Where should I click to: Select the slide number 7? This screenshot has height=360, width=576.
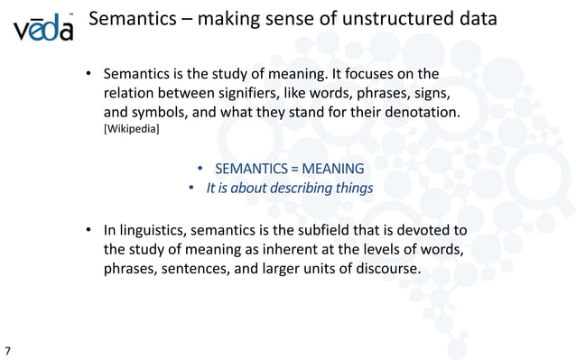tap(8, 348)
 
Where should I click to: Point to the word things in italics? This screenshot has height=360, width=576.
tap(352, 189)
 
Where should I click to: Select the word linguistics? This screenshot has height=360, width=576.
tap(160, 232)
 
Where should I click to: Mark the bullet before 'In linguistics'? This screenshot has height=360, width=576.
tap(90, 232)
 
